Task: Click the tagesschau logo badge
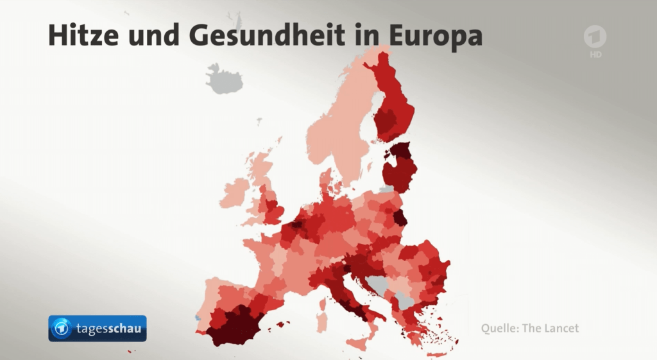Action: click(98, 329)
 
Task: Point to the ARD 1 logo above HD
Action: click(595, 38)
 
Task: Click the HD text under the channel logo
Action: click(595, 55)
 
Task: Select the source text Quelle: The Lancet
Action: click(530, 329)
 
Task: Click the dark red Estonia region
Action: click(402, 151)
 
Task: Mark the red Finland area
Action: click(393, 103)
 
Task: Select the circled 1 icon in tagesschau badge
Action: click(62, 329)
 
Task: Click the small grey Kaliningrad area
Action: click(386, 189)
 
